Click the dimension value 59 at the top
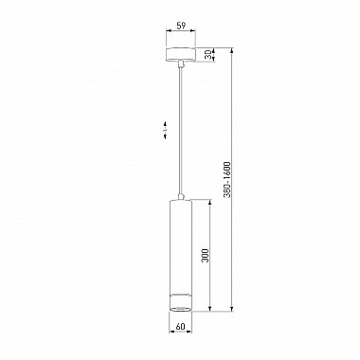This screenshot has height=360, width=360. [181, 26]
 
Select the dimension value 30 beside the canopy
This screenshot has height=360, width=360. [207, 55]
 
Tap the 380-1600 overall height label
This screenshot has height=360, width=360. [227, 180]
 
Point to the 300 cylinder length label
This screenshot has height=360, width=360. [206, 256]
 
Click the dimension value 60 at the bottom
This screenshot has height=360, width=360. [180, 327]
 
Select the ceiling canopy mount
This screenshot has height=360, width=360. [181, 55]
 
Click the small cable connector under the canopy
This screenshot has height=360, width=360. [181, 64]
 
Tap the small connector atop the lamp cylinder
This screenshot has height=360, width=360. [181, 197]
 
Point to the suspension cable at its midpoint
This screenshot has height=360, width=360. [181, 131]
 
